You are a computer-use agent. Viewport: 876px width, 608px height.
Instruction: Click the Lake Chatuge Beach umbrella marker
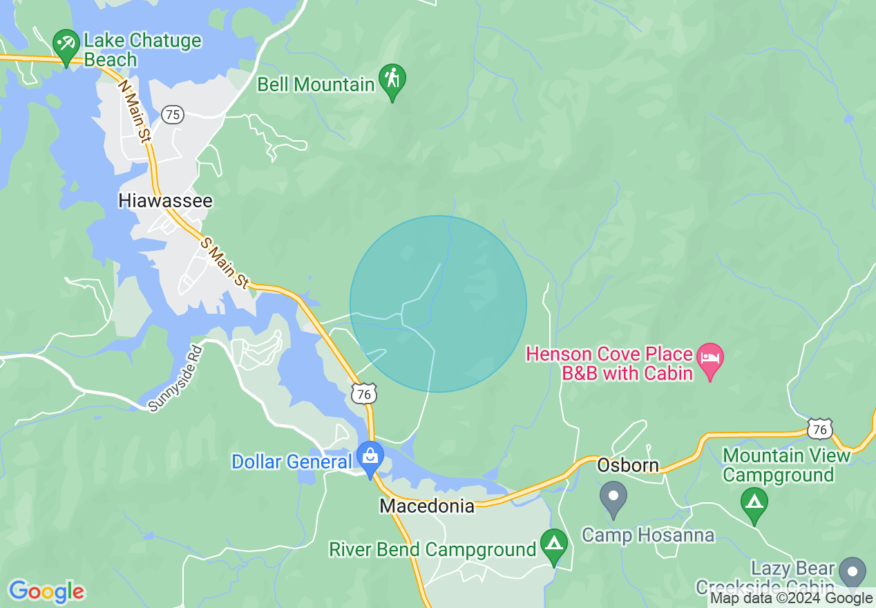[x=66, y=45]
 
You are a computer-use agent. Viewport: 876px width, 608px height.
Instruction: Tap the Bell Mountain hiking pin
[x=392, y=79]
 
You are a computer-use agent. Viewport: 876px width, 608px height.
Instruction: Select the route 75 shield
[x=173, y=114]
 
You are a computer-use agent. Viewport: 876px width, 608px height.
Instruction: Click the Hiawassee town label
[x=166, y=200]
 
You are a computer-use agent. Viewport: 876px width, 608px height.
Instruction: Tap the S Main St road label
[x=225, y=263]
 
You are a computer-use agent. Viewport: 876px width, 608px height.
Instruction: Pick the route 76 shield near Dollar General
[x=363, y=394]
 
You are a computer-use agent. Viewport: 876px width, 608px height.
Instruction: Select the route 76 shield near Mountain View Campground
[x=820, y=429]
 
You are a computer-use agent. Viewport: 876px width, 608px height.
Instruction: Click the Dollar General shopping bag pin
[x=370, y=457]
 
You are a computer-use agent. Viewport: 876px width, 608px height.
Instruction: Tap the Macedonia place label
[x=427, y=506]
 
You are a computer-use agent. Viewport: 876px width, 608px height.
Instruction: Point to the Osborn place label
[x=628, y=465]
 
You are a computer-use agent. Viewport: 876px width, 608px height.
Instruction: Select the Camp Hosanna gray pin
[x=613, y=497]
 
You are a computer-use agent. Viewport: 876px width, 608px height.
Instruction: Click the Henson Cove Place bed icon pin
[x=710, y=359]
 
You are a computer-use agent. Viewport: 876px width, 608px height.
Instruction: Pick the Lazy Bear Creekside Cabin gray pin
[x=853, y=573]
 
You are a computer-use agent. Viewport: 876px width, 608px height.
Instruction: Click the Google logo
[x=46, y=591]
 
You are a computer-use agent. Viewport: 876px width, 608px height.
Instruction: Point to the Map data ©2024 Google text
[x=791, y=598]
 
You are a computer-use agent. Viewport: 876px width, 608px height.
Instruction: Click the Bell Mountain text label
[x=316, y=85]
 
